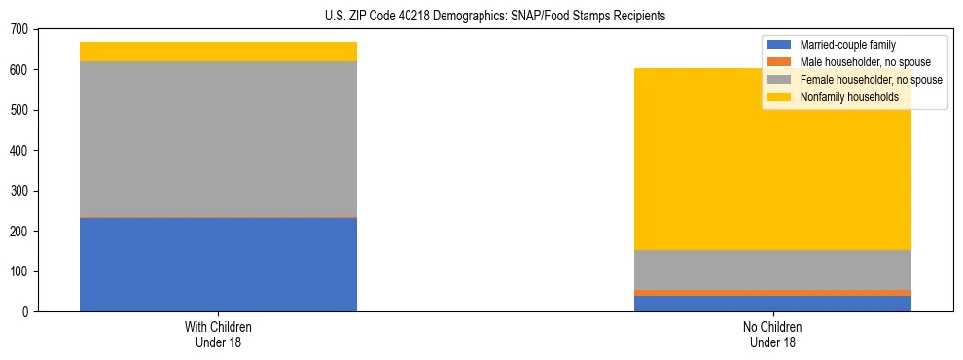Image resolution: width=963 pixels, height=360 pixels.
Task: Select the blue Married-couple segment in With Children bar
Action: click(x=218, y=264)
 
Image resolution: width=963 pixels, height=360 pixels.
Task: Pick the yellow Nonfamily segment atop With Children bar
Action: click(x=218, y=52)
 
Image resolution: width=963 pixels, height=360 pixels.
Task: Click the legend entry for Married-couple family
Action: click(x=847, y=45)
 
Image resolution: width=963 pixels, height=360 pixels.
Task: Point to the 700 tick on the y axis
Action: click(x=19, y=29)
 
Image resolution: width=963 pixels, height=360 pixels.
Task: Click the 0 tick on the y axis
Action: click(x=27, y=311)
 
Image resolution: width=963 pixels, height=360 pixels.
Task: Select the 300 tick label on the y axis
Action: click(x=19, y=191)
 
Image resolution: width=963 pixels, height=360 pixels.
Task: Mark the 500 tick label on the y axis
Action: click(x=19, y=110)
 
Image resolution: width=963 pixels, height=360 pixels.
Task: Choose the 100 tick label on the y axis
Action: click(x=19, y=271)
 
